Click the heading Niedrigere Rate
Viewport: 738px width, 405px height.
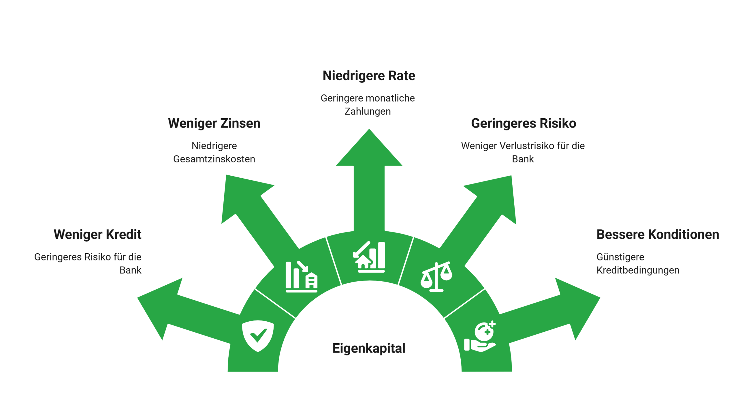pos(369,76)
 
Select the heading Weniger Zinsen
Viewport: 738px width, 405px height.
pos(214,123)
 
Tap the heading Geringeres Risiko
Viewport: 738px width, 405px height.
pos(524,123)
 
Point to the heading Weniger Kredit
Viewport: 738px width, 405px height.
pos(97,234)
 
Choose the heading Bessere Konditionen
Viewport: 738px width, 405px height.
pos(658,234)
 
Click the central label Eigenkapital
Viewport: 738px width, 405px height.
pos(369,348)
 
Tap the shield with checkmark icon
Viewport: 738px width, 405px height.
pos(258,336)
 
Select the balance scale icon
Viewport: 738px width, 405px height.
pos(436,277)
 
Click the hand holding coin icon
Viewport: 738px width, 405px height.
pos(480,336)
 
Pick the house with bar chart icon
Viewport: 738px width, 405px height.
pos(369,257)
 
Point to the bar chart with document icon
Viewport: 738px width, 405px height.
pos(302,277)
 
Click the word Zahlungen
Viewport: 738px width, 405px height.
pos(368,111)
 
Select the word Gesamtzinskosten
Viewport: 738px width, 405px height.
pos(214,159)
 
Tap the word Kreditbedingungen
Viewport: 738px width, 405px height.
pos(638,270)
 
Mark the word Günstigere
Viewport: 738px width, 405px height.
pos(620,257)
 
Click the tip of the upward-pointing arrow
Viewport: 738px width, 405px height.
pos(369,129)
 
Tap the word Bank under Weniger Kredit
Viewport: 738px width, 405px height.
pos(130,270)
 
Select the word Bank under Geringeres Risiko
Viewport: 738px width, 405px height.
pos(523,159)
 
